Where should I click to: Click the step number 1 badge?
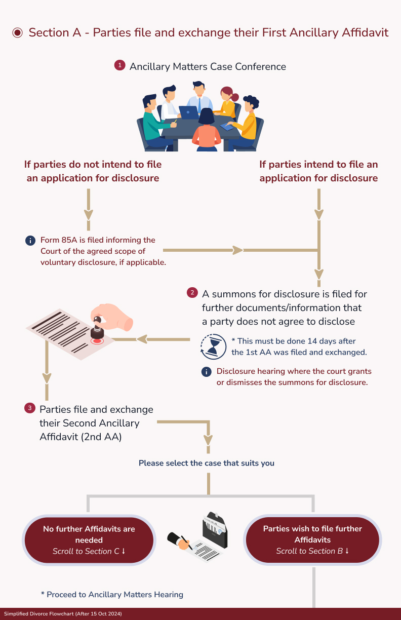[x=119, y=65]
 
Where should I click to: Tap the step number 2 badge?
[x=192, y=293]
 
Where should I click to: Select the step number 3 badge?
[x=30, y=408]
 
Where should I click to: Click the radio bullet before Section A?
[x=18, y=33]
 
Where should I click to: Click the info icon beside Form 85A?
[x=30, y=241]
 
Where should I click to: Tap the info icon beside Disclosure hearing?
[x=206, y=372]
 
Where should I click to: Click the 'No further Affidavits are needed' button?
[x=89, y=539]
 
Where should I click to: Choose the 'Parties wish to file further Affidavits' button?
[x=312, y=539]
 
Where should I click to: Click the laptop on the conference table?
[x=188, y=112]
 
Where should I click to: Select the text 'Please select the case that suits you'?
[x=207, y=463]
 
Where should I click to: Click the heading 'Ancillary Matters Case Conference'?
[x=208, y=67]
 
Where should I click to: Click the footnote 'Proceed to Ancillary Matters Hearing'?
[x=112, y=594]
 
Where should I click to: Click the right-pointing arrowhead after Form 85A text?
[x=237, y=250]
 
